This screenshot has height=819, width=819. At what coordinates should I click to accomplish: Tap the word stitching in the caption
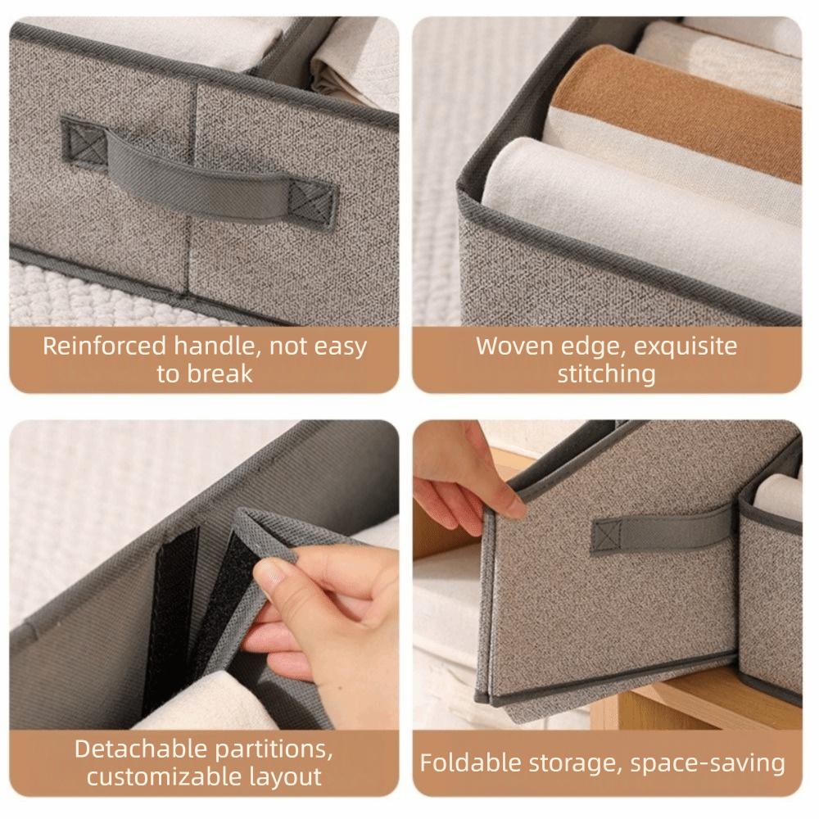click(607, 374)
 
